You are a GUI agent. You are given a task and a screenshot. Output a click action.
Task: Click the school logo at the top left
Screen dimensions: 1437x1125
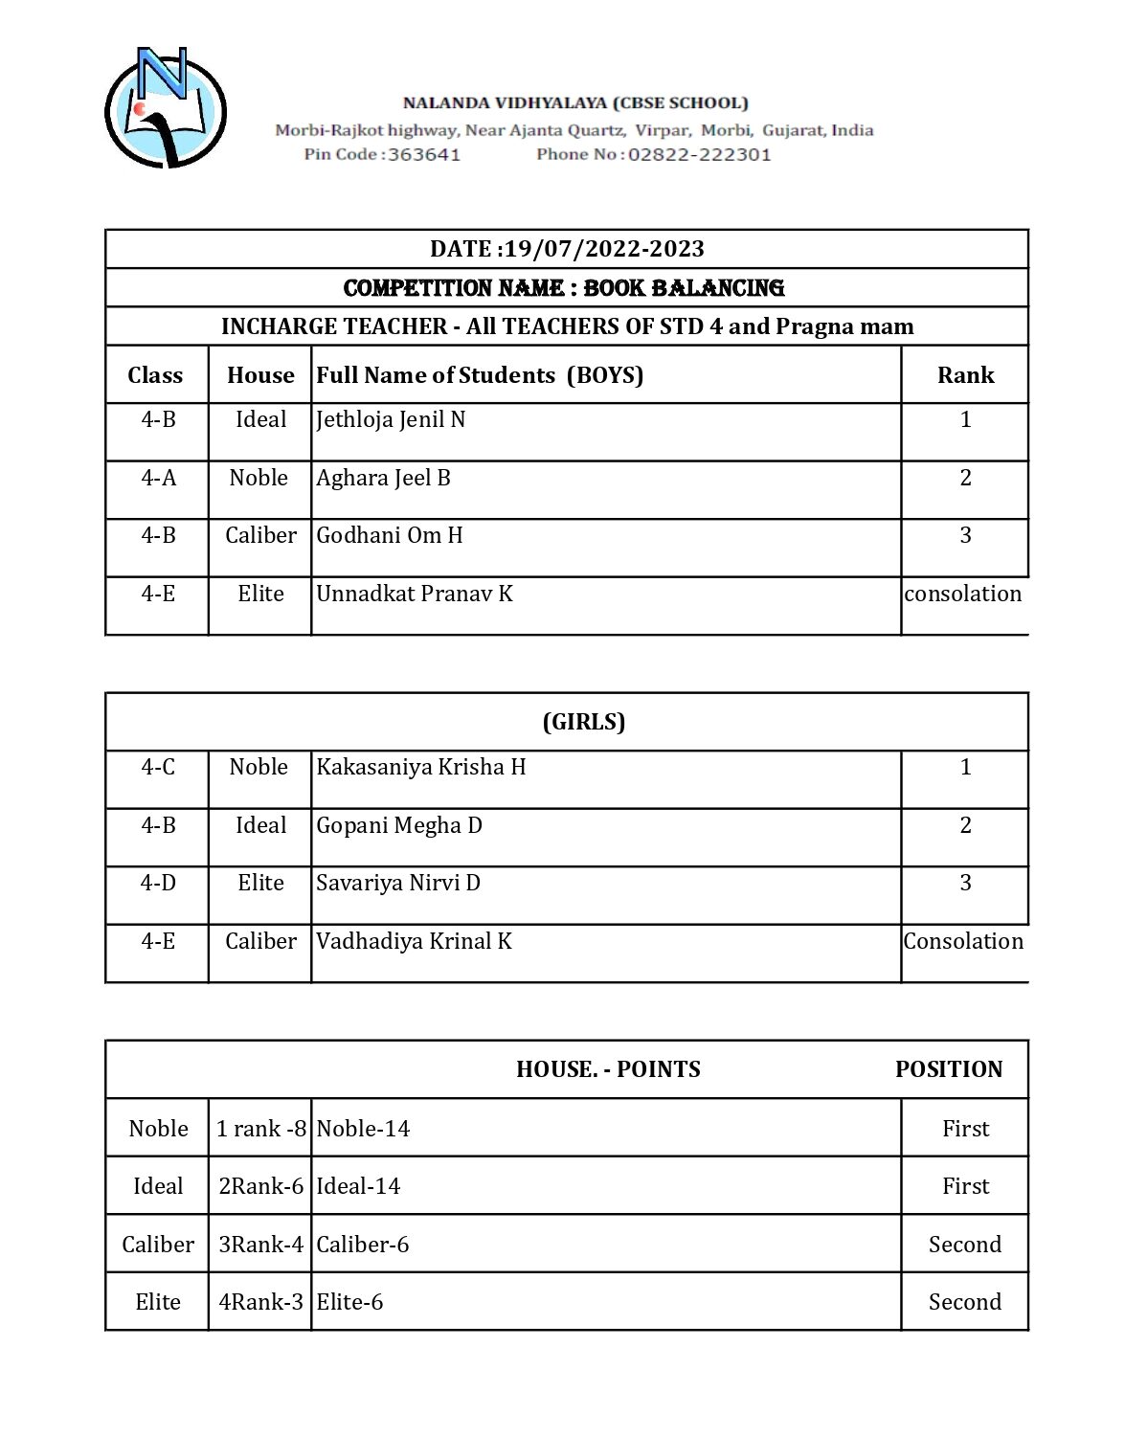[x=165, y=107]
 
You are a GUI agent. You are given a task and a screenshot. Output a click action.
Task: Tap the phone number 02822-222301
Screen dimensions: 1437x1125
[x=699, y=154]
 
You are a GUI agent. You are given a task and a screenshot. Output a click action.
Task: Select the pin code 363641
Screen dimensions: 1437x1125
[x=423, y=154]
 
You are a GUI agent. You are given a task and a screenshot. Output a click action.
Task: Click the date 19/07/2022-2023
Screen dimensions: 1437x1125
[x=604, y=249]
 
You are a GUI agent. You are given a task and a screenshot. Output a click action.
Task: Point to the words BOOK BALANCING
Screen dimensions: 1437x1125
[x=684, y=287]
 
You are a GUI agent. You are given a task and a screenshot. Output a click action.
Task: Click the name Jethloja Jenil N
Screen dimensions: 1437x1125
[x=391, y=419]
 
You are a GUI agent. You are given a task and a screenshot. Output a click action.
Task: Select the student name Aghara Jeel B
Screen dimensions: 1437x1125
[x=383, y=478]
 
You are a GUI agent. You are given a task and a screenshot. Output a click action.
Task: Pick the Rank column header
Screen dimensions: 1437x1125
[x=965, y=375]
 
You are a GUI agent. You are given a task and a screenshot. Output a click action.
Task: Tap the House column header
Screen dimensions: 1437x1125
[x=260, y=375]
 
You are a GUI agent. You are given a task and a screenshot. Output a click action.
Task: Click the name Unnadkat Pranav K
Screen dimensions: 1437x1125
[x=415, y=594]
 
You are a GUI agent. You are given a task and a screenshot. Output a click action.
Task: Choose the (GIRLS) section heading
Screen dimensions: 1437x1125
[x=584, y=722]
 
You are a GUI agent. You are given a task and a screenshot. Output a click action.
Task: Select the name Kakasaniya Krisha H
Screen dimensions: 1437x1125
[x=421, y=767]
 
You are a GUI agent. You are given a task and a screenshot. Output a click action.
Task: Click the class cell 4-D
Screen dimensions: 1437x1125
[x=158, y=883]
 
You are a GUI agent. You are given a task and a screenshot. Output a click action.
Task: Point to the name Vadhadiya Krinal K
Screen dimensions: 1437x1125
[x=414, y=941]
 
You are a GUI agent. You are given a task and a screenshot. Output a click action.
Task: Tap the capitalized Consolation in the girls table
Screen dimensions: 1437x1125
[x=963, y=941]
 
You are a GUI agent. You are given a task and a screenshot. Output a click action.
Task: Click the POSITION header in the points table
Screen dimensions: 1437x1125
[x=949, y=1069]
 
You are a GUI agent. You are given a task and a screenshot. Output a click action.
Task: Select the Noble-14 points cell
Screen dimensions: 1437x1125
[x=363, y=1129]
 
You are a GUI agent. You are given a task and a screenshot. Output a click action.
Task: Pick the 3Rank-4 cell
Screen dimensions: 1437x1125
[x=260, y=1245]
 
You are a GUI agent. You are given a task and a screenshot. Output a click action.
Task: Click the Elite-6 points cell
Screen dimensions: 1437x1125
[x=349, y=1302]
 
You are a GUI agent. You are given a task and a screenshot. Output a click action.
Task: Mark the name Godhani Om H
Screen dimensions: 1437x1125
[x=390, y=535]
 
